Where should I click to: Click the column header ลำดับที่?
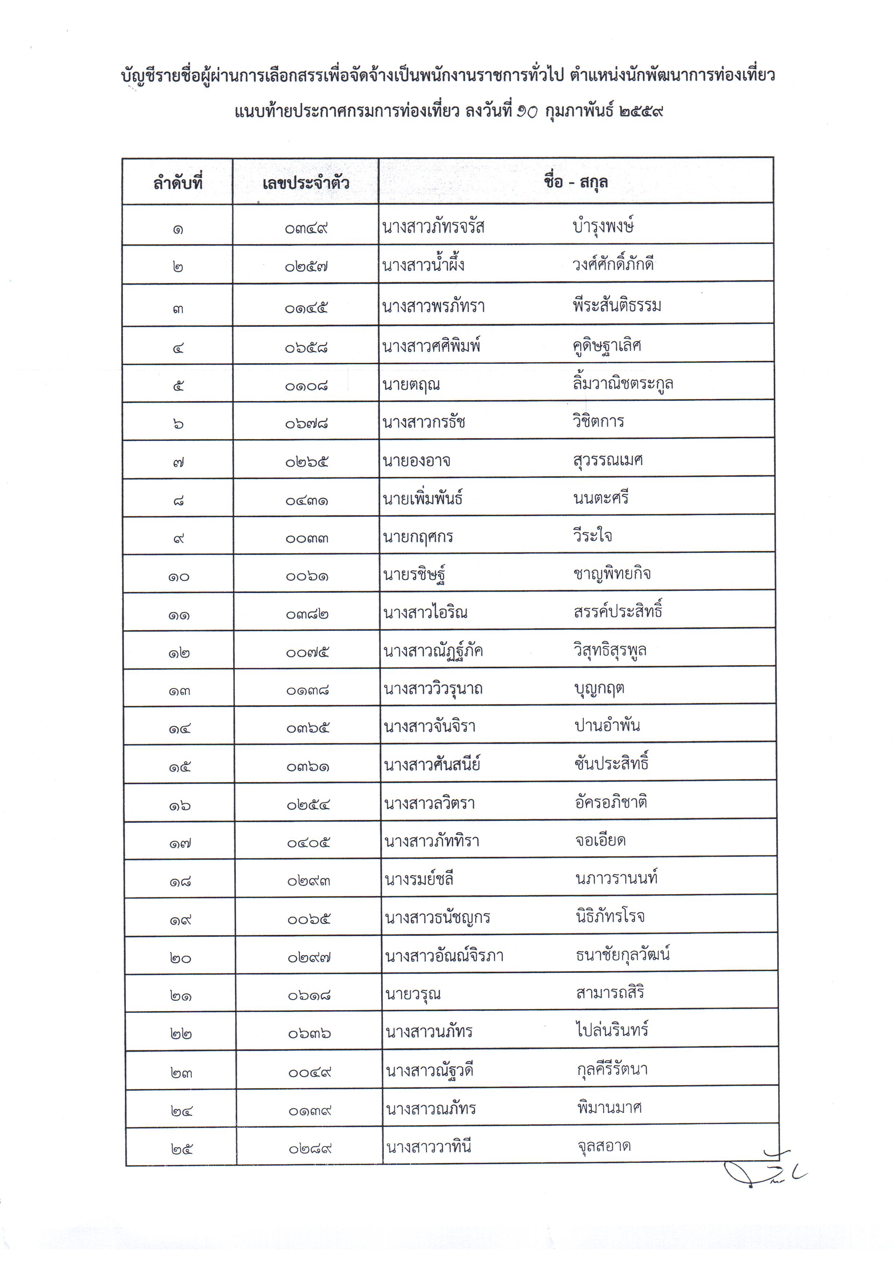click(x=178, y=182)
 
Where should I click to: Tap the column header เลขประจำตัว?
click(x=306, y=182)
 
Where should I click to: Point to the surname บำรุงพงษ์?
click(x=603, y=226)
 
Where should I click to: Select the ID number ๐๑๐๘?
click(x=307, y=386)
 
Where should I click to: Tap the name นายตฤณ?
click(x=411, y=384)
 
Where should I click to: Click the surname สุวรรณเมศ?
click(x=608, y=460)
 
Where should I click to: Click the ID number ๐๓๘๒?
click(x=307, y=614)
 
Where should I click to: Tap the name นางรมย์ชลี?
click(x=419, y=879)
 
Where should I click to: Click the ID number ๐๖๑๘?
click(x=309, y=995)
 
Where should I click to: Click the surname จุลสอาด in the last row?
click(x=604, y=1146)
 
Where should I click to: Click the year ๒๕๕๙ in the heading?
click(x=641, y=112)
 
